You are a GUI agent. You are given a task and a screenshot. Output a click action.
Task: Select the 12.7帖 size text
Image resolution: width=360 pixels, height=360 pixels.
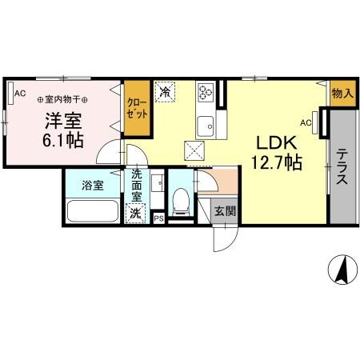278,164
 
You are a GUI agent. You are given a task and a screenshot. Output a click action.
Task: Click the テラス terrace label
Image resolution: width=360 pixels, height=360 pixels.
342,167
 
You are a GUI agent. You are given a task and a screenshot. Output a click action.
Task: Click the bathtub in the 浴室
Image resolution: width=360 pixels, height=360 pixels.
92,213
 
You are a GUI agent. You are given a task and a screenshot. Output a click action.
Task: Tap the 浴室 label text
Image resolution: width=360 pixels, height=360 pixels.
92,186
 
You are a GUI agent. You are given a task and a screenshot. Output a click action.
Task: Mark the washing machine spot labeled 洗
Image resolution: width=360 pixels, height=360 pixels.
136,213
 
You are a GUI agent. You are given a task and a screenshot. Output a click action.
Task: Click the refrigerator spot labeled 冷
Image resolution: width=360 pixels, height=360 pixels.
166,93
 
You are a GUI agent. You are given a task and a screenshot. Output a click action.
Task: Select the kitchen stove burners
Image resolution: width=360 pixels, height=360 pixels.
204,92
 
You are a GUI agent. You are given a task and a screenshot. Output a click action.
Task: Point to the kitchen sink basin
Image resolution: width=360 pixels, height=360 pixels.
205,124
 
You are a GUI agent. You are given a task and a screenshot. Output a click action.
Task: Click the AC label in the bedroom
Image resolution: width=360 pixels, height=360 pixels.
19,94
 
